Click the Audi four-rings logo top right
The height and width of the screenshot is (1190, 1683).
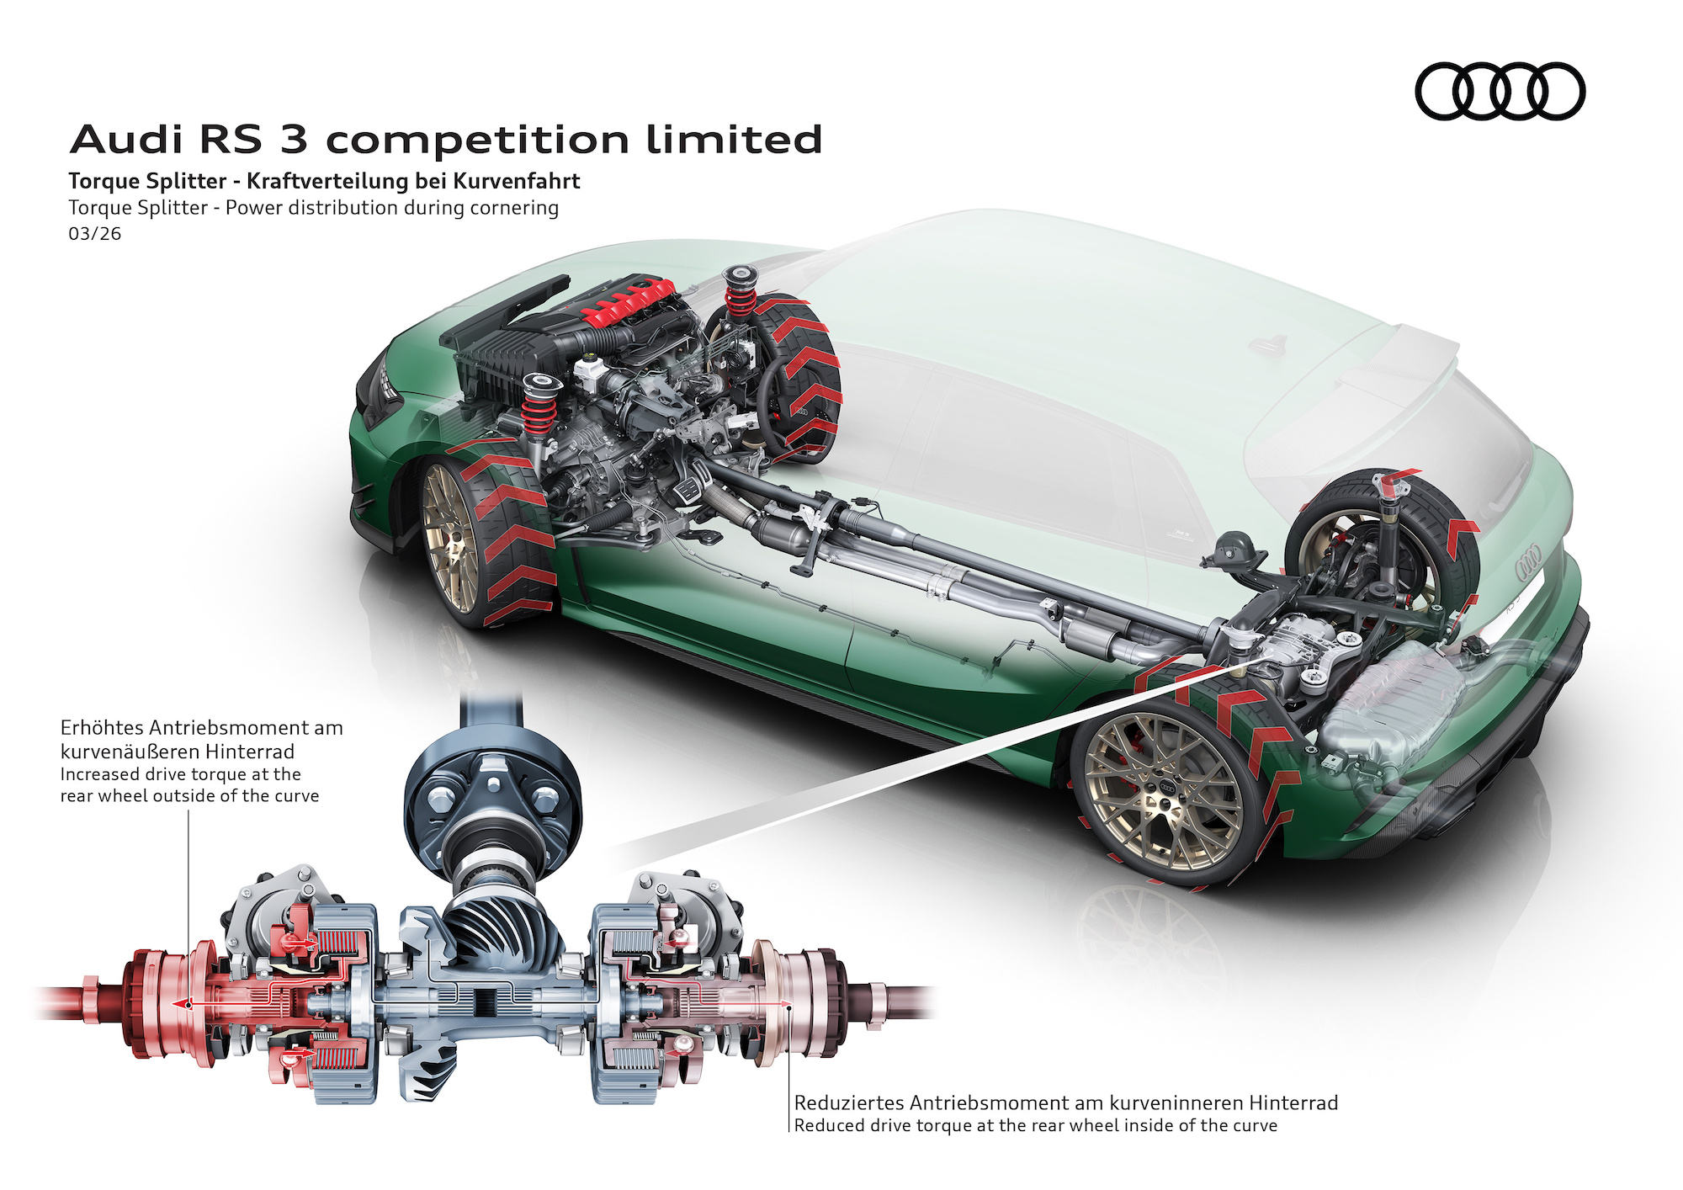[1500, 91]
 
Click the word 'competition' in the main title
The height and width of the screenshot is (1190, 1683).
[477, 140]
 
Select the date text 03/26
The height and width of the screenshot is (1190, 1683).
[94, 234]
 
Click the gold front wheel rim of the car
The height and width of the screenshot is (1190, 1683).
[449, 539]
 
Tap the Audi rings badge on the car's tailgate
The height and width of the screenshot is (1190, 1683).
[1528, 560]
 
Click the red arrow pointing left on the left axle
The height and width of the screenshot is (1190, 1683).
[181, 1004]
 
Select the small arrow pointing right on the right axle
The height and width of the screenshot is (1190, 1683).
[783, 1004]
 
